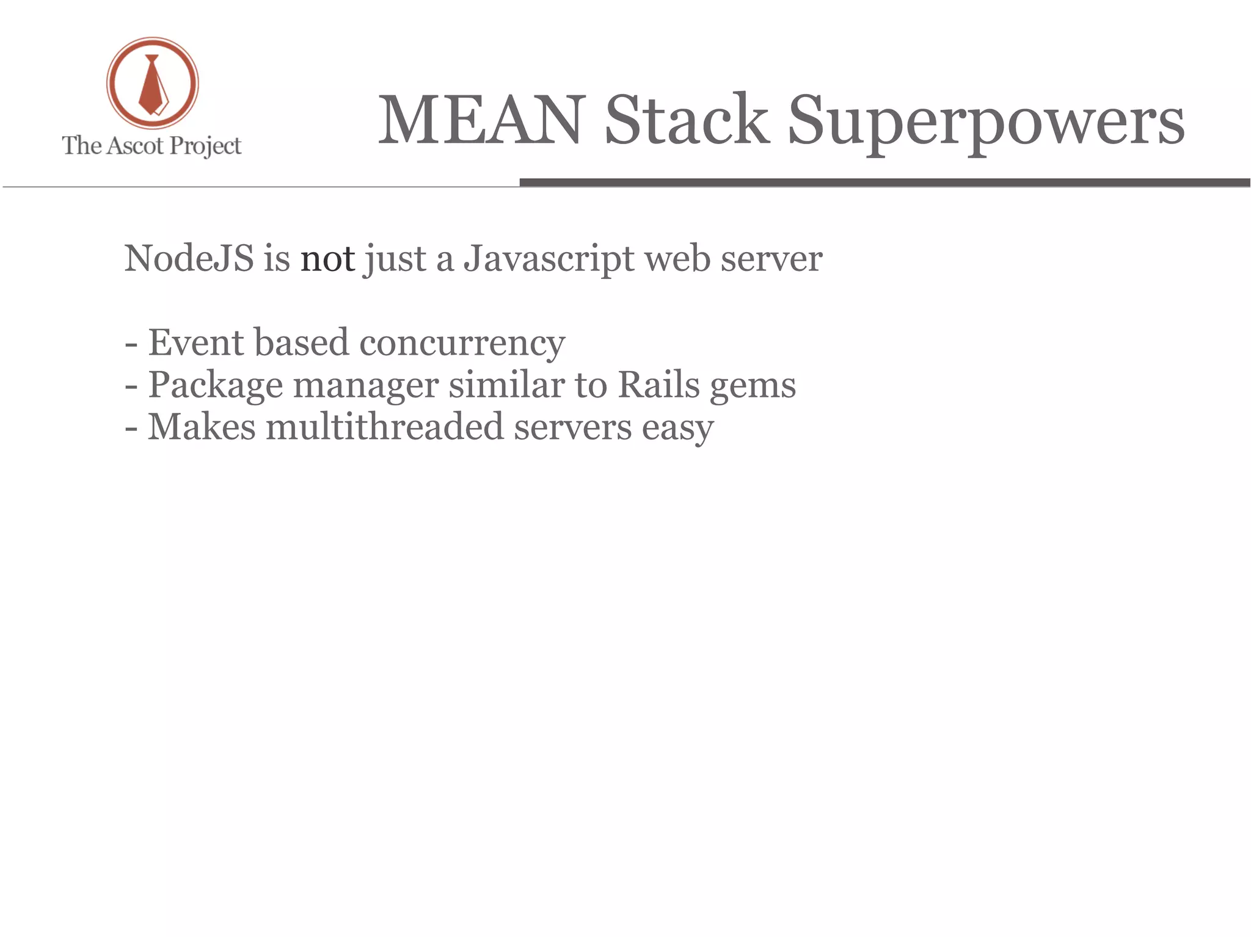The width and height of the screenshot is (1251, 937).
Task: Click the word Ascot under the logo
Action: point(135,146)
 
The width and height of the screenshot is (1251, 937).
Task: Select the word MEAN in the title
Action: point(481,120)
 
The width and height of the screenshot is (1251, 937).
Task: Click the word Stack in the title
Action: point(687,120)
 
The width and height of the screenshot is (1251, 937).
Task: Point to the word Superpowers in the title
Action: point(986,121)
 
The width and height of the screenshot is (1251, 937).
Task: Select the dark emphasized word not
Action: point(327,259)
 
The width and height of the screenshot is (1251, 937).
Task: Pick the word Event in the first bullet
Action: point(196,342)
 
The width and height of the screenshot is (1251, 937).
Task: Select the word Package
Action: point(216,386)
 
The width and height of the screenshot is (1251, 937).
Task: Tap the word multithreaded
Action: point(385,427)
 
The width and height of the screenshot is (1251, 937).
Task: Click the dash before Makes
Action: point(131,428)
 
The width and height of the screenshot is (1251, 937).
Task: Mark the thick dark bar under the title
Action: point(884,183)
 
